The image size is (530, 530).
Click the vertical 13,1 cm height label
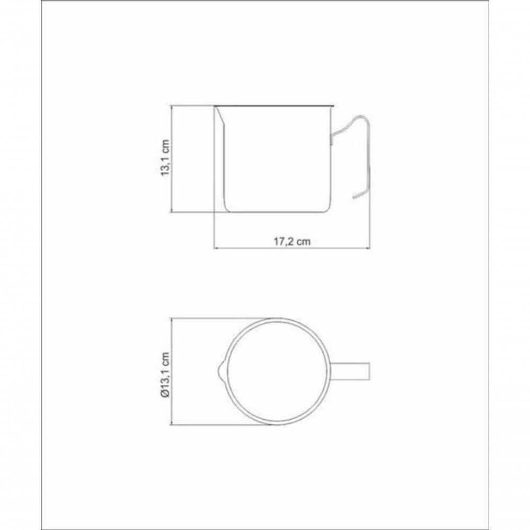pyautogui.click(x=166, y=158)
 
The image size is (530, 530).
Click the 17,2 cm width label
pyautogui.click(x=291, y=241)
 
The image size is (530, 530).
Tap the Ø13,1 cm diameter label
pyautogui.click(x=166, y=371)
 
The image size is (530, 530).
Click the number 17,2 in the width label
pyautogui.click(x=284, y=241)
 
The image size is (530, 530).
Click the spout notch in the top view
pyautogui.click(x=219, y=370)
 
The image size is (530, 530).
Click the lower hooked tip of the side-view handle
pyautogui.click(x=354, y=198)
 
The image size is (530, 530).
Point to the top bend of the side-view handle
pyautogui.click(x=361, y=118)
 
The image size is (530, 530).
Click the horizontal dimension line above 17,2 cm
pyautogui.click(x=291, y=249)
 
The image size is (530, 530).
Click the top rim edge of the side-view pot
pyautogui.click(x=273, y=106)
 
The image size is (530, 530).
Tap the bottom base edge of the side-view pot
pyautogui.click(x=276, y=212)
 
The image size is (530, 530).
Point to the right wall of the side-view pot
pyautogui.click(x=330, y=170)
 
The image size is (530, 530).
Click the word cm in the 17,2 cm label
pyautogui.click(x=303, y=241)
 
